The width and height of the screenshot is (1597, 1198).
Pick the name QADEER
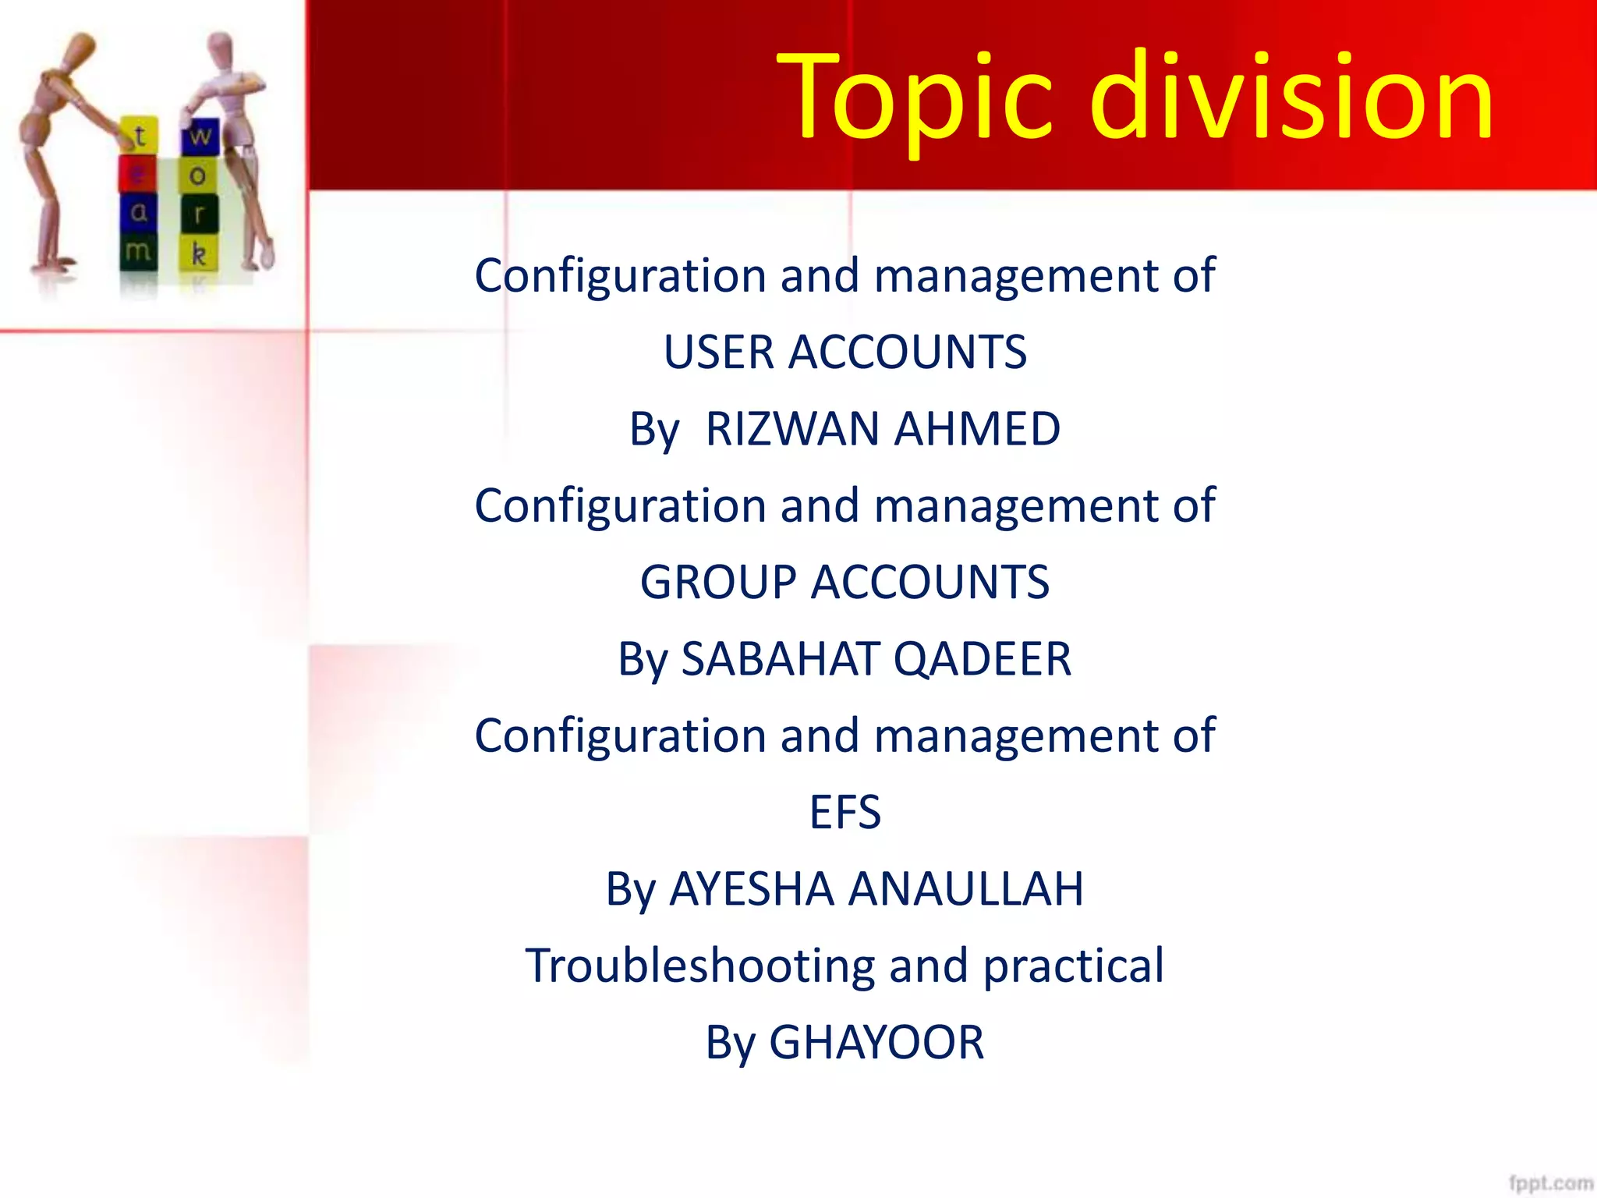coord(983,658)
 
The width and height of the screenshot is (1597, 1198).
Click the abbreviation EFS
coord(845,812)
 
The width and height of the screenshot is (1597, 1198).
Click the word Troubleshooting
coord(699,965)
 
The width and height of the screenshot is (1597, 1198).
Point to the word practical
coord(1073,965)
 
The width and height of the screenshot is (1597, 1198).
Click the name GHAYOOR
coord(876,1042)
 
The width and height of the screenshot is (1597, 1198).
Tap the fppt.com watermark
coord(1550,1182)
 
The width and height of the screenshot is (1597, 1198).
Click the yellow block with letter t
coord(140,136)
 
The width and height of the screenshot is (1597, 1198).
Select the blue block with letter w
coord(200,136)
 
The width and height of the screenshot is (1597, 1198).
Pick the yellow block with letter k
coord(199,253)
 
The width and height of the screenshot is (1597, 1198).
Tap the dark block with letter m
coord(138,251)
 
